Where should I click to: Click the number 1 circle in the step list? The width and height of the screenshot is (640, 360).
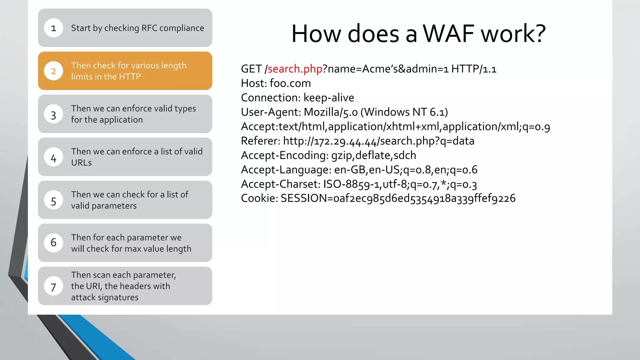53,28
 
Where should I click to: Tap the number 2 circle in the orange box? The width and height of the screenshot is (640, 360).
53,71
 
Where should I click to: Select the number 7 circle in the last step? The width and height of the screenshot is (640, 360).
53,287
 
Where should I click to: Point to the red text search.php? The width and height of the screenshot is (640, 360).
295,69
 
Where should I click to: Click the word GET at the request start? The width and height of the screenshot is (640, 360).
251,69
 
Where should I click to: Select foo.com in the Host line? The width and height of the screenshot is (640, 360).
290,83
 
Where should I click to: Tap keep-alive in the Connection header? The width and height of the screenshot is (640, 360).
329,98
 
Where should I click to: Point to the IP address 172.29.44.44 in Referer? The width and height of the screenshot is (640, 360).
345,141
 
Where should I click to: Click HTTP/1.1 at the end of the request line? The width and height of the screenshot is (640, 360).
473,69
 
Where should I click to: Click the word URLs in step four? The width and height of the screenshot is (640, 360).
81,163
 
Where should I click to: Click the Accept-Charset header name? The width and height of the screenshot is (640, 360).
280,184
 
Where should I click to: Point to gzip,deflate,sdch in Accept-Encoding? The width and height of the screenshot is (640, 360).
373,155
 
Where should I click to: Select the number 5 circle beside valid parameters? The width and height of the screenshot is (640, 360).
53,201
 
